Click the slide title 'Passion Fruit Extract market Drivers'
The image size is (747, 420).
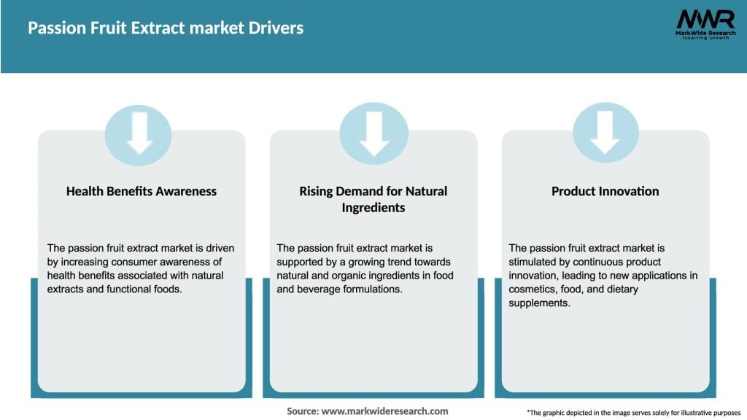[166, 28]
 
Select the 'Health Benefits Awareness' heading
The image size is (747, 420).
[142, 191]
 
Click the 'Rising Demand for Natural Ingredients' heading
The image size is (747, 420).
[373, 199]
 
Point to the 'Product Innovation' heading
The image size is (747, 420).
[605, 191]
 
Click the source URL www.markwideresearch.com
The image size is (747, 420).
[384, 411]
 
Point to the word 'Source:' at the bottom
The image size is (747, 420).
[303, 411]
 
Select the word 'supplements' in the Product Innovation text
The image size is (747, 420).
[539, 303]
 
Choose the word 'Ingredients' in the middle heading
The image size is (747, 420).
[373, 208]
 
